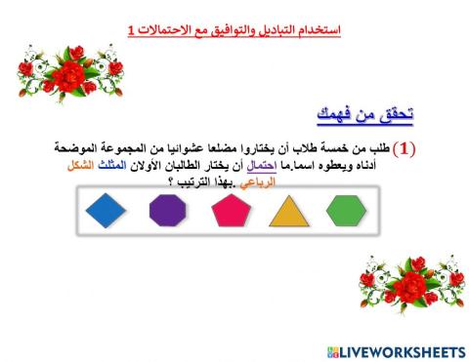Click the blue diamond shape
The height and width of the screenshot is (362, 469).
click(x=107, y=210)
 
